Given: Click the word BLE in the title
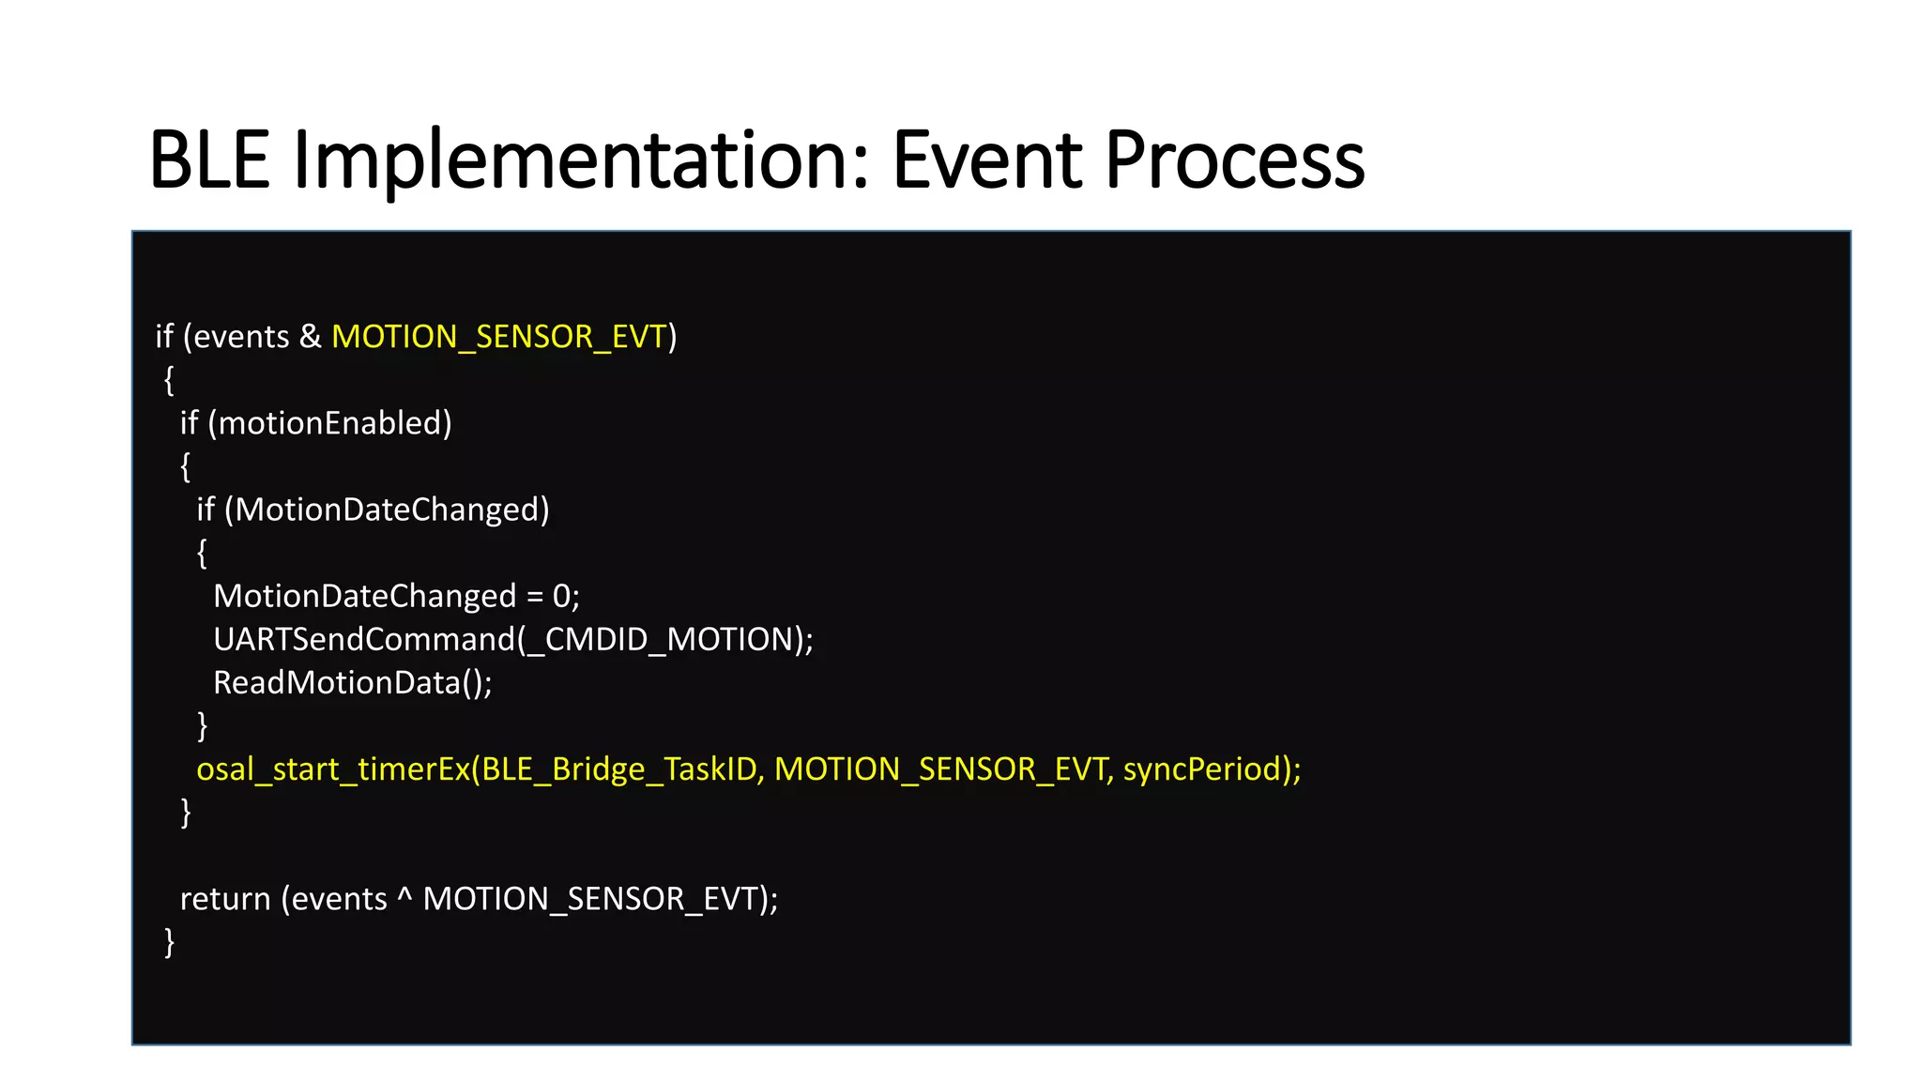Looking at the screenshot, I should coord(209,160).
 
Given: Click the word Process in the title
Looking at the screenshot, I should coord(1234,160).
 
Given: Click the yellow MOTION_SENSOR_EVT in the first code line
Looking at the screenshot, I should coord(499,337).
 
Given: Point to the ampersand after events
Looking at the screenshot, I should coord(310,337).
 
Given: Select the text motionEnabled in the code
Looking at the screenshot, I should coord(329,423).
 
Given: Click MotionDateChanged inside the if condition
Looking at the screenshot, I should coord(386,510).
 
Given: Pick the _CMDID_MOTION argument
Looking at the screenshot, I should coord(661,639).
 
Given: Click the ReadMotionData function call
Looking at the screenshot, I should coord(337,682).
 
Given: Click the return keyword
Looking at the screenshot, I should coord(225,899).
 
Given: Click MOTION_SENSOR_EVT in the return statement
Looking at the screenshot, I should coord(590,899).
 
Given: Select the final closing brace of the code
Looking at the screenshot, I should coord(169,941).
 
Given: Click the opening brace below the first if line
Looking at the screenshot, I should coord(169,380).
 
